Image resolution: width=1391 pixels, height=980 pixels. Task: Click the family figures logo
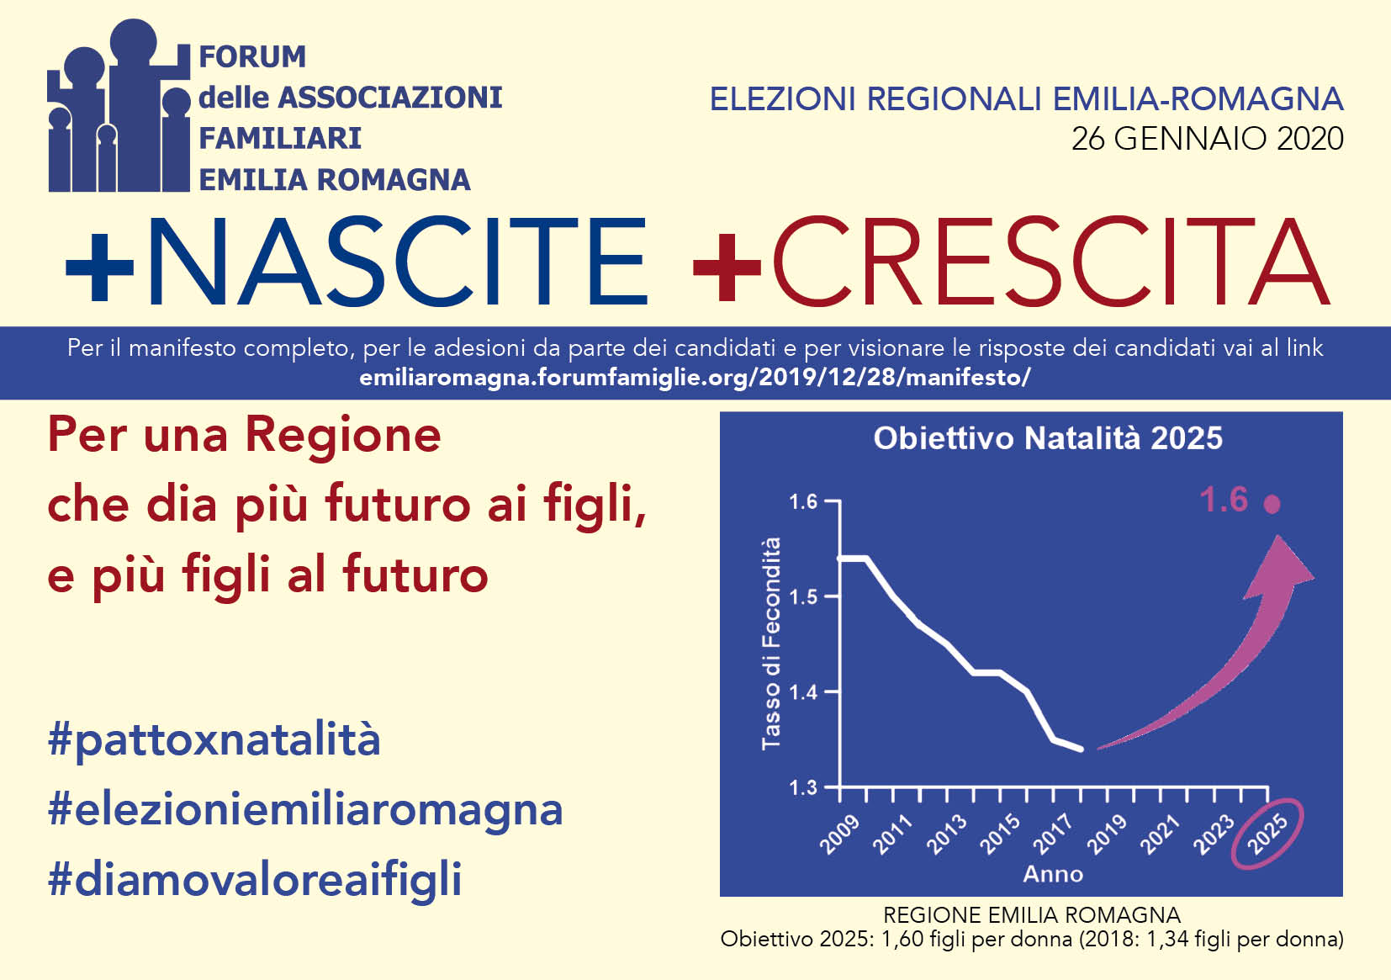click(119, 106)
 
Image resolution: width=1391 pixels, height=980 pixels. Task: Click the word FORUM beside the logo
click(252, 57)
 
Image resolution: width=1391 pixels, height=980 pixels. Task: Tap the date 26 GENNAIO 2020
click(1207, 139)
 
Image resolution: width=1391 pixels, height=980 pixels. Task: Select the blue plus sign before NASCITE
click(99, 267)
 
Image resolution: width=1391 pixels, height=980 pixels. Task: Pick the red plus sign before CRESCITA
click(727, 267)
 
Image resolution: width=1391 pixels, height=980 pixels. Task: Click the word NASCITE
click(396, 262)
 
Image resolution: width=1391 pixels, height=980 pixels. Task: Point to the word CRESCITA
click(1050, 262)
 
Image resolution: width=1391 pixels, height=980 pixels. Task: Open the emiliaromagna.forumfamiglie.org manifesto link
click(695, 377)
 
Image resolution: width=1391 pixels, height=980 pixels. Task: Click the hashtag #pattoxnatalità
click(214, 741)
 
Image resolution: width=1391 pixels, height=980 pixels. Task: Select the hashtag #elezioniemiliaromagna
click(305, 811)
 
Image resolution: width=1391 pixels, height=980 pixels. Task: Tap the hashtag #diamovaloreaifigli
click(255, 880)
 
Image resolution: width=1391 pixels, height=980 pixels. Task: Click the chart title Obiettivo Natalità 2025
click(1048, 438)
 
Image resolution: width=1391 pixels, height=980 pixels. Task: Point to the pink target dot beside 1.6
click(1272, 504)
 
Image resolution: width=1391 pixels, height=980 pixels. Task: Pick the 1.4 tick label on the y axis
click(803, 692)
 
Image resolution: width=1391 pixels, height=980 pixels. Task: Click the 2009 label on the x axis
click(839, 834)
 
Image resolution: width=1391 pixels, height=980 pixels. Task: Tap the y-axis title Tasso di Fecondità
click(771, 644)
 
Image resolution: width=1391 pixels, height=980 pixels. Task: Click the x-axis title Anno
click(1053, 874)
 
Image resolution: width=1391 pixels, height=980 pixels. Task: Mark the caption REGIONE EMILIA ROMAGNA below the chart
click(1031, 914)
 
